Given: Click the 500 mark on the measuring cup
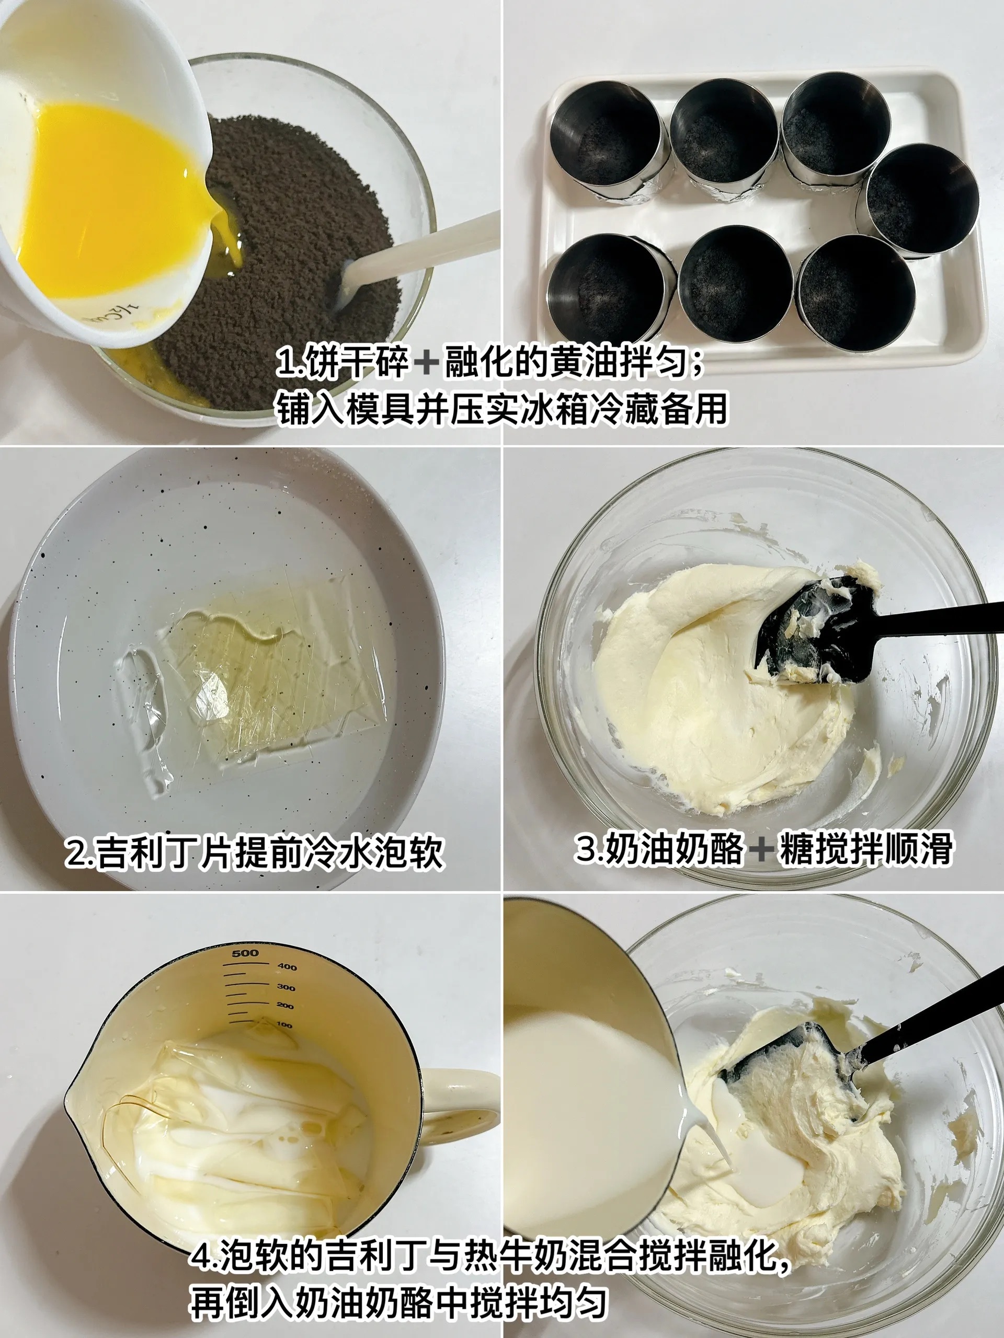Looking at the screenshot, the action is tap(245, 954).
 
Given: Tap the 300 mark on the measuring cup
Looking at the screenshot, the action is tap(286, 988).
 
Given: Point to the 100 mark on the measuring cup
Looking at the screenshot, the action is tap(284, 1025).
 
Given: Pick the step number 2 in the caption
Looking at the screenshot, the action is tap(77, 852).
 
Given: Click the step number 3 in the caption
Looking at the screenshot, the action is tap(587, 848).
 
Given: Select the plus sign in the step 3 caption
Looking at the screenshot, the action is tap(761, 848).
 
